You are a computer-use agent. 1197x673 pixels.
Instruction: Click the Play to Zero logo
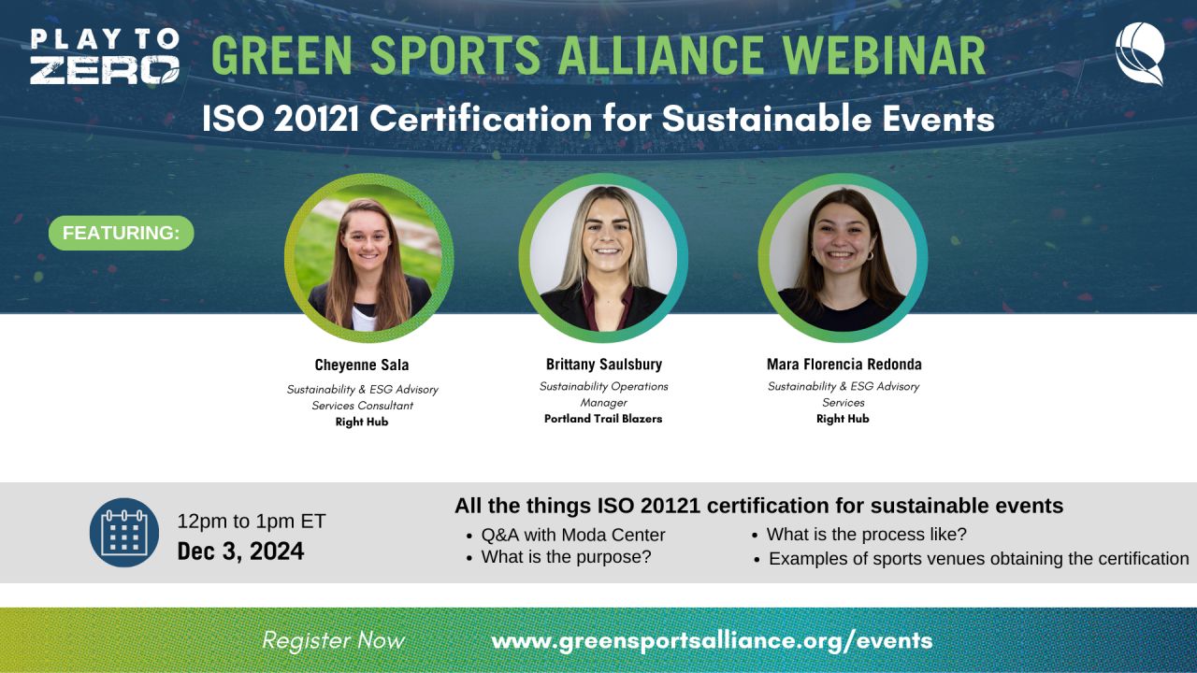pyautogui.click(x=105, y=56)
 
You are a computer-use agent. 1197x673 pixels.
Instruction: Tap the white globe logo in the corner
pyautogui.click(x=1140, y=54)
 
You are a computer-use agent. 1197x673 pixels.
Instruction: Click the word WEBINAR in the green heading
pyautogui.click(x=885, y=55)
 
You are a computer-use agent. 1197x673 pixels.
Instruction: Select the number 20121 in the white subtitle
pyautogui.click(x=316, y=118)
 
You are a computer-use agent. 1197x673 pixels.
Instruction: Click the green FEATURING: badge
pyautogui.click(x=122, y=233)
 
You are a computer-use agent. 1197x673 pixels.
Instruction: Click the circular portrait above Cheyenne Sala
pyautogui.click(x=368, y=258)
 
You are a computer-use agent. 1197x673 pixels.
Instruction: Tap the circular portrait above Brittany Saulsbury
pyautogui.click(x=603, y=258)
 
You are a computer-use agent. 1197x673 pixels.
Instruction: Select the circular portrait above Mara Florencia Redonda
pyautogui.click(x=843, y=258)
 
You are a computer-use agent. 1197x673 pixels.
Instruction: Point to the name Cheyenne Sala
pyautogui.click(x=362, y=365)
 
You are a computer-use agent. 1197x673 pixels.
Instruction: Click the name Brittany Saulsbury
pyautogui.click(x=604, y=365)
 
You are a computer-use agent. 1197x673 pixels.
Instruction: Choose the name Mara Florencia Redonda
pyautogui.click(x=844, y=365)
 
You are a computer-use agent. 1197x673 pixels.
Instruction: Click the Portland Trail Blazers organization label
pyautogui.click(x=603, y=419)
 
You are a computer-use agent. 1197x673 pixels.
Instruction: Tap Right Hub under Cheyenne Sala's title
pyautogui.click(x=362, y=422)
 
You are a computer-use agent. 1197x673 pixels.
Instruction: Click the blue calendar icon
pyautogui.click(x=124, y=533)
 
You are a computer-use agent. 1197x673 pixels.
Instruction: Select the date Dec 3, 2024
pyautogui.click(x=240, y=551)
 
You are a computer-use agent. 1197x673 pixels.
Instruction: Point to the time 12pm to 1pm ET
pyautogui.click(x=252, y=522)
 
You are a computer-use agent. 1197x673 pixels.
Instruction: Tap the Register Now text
pyautogui.click(x=334, y=640)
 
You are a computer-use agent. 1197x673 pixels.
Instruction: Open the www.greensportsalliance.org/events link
pyautogui.click(x=712, y=641)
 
